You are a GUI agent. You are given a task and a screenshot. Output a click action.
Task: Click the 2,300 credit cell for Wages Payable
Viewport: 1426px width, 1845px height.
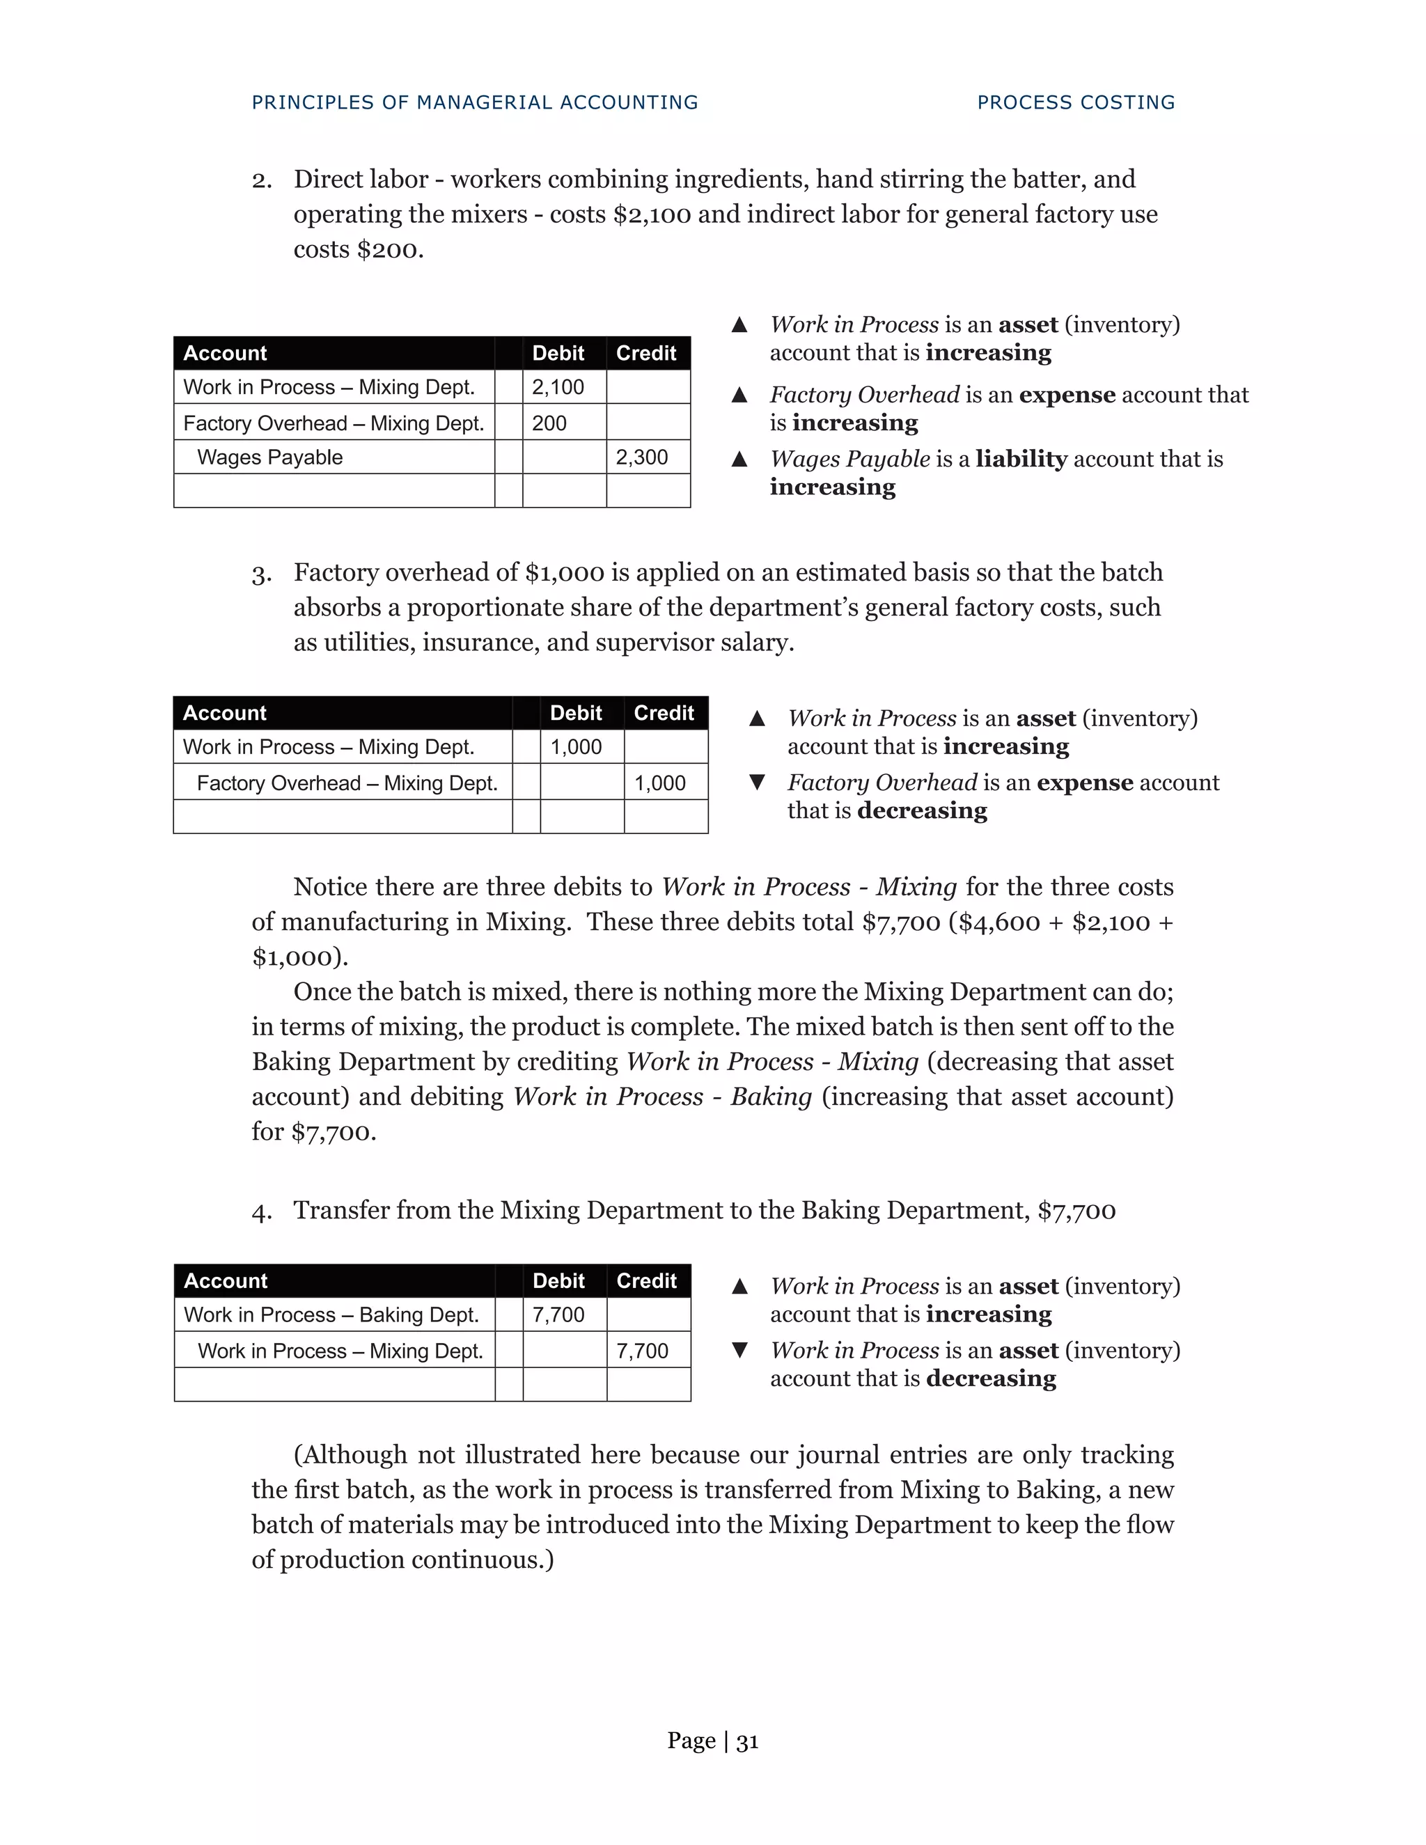coord(641,457)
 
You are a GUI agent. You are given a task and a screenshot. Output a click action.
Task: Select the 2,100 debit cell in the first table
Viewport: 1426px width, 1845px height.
coord(558,387)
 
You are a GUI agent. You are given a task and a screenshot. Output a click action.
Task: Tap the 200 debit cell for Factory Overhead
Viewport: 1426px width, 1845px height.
coord(549,423)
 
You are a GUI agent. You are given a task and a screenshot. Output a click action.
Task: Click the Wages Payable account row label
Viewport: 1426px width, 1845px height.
coord(269,457)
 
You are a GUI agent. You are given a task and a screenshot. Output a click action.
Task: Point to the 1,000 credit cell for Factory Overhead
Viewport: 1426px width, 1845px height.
coord(660,783)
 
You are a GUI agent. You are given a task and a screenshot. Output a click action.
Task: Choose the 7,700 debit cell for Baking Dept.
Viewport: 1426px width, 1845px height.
coord(558,1314)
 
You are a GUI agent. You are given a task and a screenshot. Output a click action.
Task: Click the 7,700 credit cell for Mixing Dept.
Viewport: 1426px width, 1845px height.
coord(642,1351)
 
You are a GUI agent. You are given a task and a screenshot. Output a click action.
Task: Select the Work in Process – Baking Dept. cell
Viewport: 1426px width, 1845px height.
coord(331,1314)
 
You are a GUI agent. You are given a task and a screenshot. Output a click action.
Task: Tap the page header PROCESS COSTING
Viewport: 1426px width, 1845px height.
coord(1075,102)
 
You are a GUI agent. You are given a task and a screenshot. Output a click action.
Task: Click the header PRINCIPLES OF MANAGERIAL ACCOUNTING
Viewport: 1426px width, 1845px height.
coord(475,102)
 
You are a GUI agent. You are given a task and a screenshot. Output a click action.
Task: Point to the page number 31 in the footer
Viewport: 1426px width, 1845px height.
coord(747,1741)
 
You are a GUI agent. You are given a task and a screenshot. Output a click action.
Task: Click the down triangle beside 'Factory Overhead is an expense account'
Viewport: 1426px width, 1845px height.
coord(757,783)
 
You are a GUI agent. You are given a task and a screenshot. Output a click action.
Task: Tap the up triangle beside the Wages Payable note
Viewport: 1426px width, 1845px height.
coord(739,459)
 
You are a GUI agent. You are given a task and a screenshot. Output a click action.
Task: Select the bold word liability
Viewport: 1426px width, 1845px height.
coord(1021,459)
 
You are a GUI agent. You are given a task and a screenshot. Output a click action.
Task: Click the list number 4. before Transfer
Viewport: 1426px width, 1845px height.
coord(262,1211)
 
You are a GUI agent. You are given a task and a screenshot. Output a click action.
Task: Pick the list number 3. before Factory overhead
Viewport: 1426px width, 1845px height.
coord(262,574)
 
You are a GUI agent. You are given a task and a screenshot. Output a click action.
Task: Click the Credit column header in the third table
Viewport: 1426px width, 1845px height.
coord(646,1280)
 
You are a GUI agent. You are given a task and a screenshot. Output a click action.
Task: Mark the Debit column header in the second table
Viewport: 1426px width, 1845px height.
coord(575,713)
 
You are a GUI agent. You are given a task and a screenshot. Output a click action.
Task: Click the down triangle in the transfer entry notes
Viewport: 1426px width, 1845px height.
coord(739,1350)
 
